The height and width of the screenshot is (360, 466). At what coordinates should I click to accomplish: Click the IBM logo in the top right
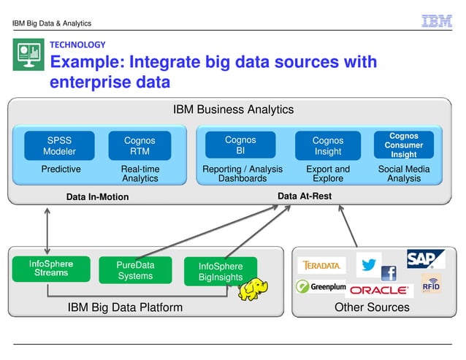click(437, 21)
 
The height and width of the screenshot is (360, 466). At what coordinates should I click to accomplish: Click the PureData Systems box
click(135, 269)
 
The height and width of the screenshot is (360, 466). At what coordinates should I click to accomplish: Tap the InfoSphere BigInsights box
click(221, 272)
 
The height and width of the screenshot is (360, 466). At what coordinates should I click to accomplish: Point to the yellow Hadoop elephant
click(252, 288)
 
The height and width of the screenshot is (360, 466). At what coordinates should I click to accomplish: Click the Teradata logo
click(321, 265)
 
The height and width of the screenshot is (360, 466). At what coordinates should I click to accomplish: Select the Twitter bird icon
click(368, 265)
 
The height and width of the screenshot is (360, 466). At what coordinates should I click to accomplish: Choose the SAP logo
click(426, 259)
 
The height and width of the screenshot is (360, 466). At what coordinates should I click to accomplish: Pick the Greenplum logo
click(321, 286)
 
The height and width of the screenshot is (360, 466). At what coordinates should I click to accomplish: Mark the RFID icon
click(431, 283)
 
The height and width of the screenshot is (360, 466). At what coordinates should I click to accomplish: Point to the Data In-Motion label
click(97, 196)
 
